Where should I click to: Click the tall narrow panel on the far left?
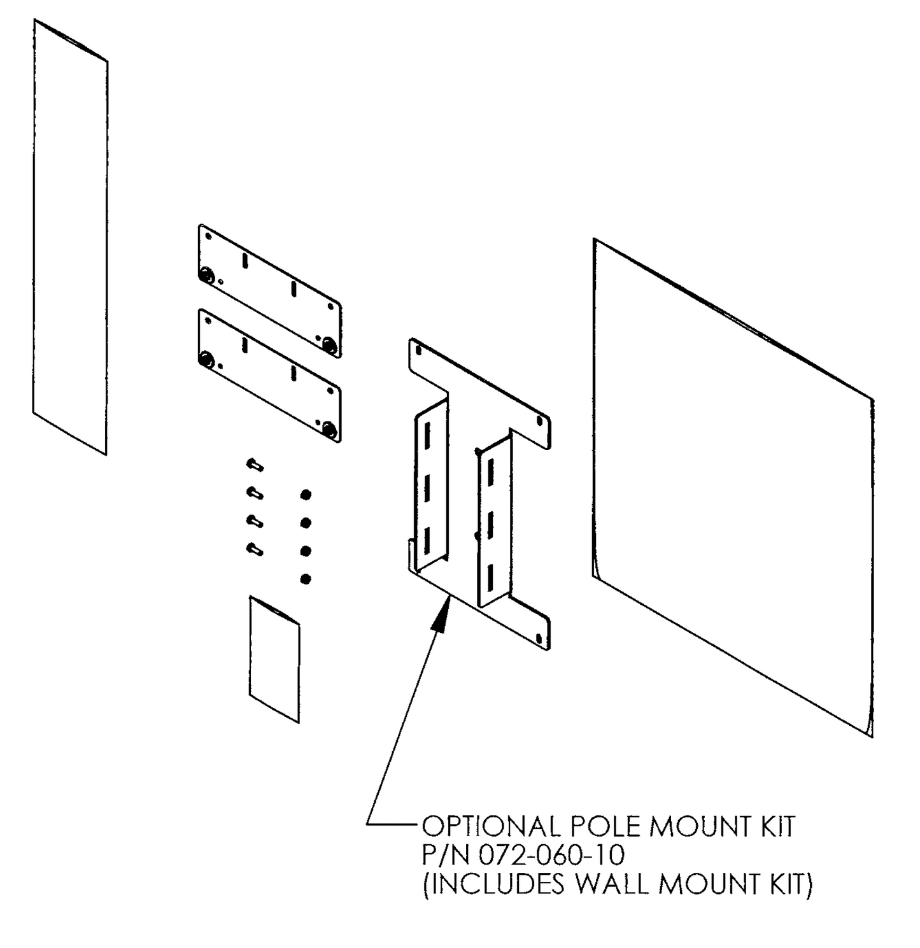point(70,236)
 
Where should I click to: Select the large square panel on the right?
point(732,487)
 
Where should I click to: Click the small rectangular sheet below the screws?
point(274,659)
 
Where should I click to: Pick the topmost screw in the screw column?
point(255,465)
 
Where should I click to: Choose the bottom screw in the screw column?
point(255,548)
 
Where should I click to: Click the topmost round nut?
point(306,495)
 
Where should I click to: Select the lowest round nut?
point(306,579)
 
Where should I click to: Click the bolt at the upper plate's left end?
point(206,275)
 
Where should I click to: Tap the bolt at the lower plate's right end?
point(329,428)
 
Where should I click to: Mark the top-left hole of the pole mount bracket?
point(418,350)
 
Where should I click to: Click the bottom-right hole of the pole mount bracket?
point(540,638)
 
